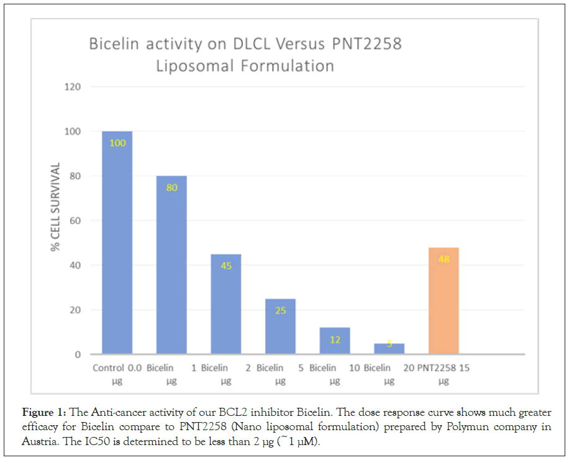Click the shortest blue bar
click(x=389, y=349)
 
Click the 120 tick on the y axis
click(x=73, y=87)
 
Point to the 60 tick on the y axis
click(x=75, y=221)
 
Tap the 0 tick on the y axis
click(x=78, y=354)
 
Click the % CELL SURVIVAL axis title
click(x=56, y=207)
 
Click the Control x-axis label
click(x=108, y=368)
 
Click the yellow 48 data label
click(x=444, y=259)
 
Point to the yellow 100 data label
click(x=117, y=143)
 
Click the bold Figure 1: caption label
click(x=45, y=413)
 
